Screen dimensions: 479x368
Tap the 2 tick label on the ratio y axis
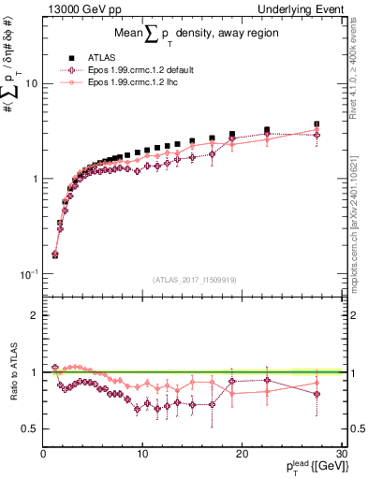[x=35, y=315]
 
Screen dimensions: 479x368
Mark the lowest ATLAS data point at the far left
[x=55, y=254]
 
